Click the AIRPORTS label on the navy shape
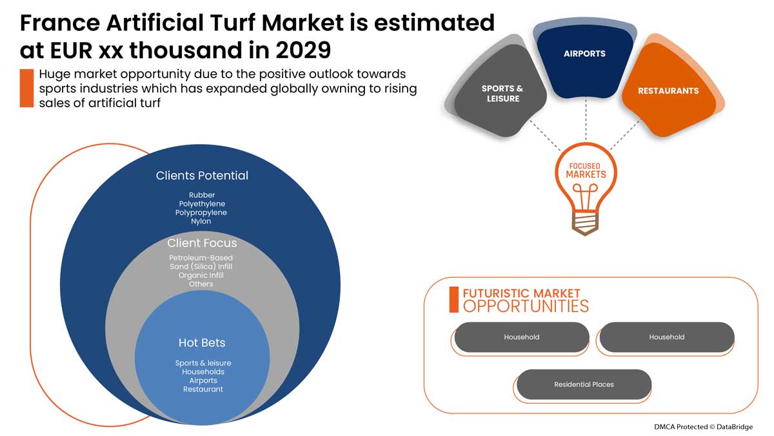(x=584, y=54)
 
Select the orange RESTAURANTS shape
(x=668, y=91)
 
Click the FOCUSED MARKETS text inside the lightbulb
(x=586, y=171)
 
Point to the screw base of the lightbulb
(x=585, y=221)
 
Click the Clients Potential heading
(x=202, y=176)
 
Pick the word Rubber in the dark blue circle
(x=202, y=195)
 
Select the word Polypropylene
(x=201, y=213)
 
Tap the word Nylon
(x=201, y=222)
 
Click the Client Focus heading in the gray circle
(x=202, y=244)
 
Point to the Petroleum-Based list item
(x=201, y=258)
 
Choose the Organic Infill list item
(x=201, y=275)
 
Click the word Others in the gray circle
(x=201, y=284)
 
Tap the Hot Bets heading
(x=202, y=342)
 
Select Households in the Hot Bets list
(x=203, y=372)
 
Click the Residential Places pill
(x=584, y=384)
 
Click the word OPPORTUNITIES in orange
(x=526, y=306)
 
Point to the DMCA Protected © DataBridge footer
(x=702, y=426)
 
